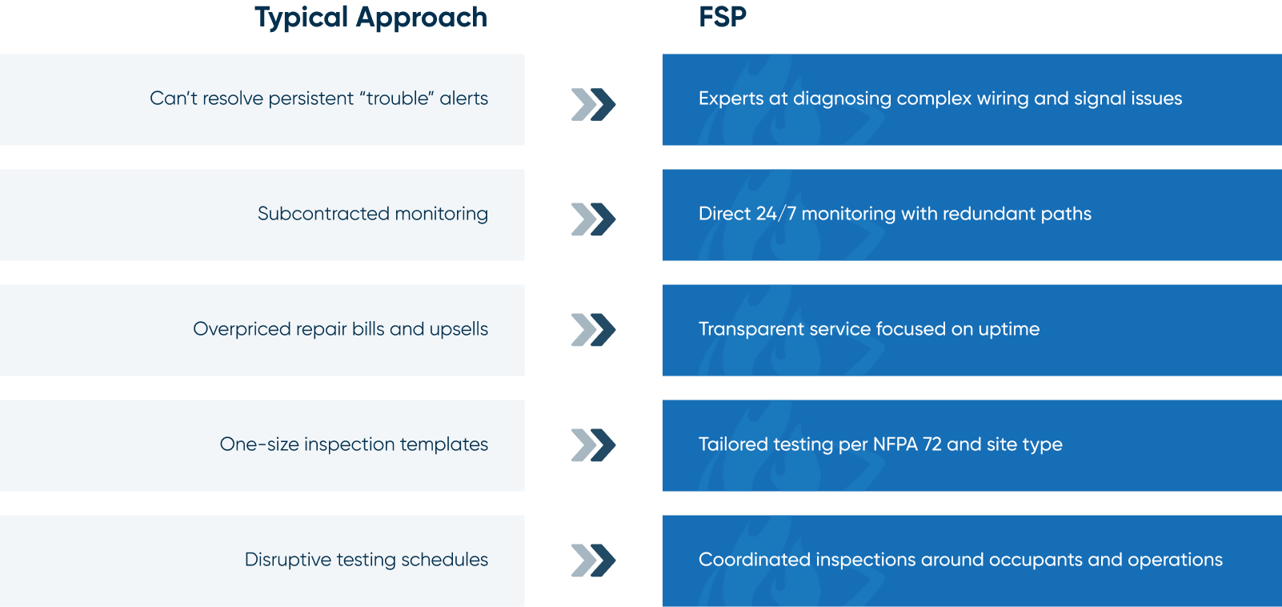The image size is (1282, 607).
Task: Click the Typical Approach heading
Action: [371, 18]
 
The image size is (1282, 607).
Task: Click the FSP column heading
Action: [723, 17]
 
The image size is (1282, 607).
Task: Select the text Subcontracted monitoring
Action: [373, 214]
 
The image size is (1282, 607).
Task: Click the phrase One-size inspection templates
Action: [354, 444]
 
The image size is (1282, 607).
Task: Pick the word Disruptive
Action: [288, 560]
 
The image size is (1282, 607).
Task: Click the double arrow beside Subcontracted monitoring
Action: [594, 219]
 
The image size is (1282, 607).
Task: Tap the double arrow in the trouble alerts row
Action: [594, 104]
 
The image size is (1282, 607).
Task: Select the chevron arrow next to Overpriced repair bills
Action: [594, 330]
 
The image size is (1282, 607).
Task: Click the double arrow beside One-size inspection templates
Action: [594, 445]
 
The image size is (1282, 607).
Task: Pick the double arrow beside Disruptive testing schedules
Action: [594, 560]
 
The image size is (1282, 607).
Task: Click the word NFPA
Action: [895, 444]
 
